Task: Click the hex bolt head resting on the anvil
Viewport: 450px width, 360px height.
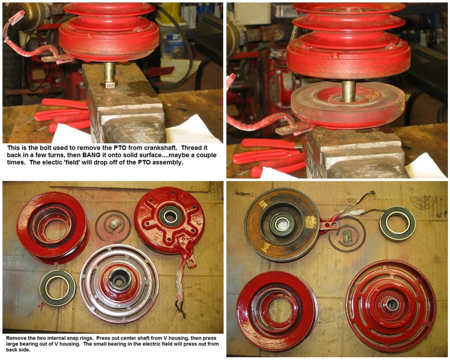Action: pyautogui.click(x=109, y=84)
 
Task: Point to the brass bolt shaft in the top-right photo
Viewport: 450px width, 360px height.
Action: pyautogui.click(x=348, y=91)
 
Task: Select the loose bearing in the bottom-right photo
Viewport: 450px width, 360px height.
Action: pyautogui.click(x=397, y=220)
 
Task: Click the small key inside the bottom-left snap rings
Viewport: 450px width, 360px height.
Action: pyautogui.click(x=114, y=224)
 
